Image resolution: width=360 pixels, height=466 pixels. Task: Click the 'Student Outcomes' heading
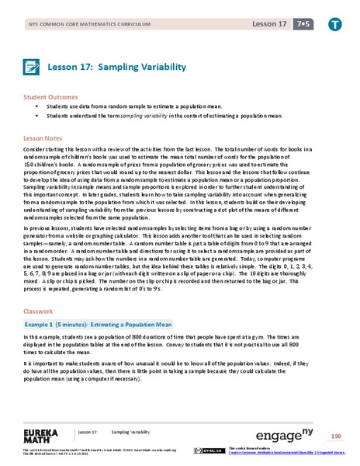[x=50, y=99]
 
